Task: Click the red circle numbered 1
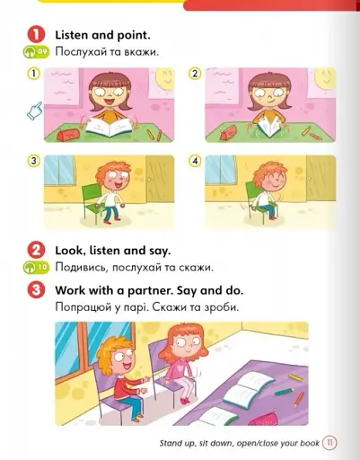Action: tap(37, 35)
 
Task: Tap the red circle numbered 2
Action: tap(37, 251)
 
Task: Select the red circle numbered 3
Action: tap(37, 290)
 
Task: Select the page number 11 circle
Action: tap(329, 443)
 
